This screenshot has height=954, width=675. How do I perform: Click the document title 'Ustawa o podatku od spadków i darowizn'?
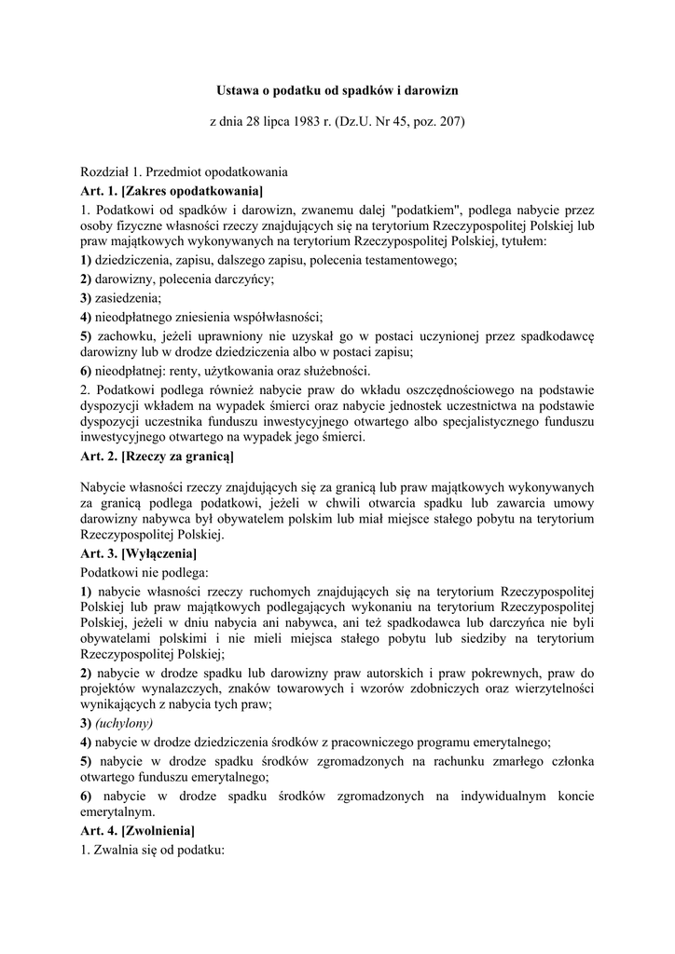(337, 91)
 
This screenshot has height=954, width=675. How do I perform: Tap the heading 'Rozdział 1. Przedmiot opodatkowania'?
(185, 172)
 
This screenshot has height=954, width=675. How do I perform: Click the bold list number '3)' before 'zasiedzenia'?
(86, 298)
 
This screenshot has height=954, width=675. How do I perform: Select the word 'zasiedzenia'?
(128, 298)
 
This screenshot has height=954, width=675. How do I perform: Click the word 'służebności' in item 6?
(284, 371)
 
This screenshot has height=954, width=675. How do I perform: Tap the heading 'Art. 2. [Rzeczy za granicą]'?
(158, 457)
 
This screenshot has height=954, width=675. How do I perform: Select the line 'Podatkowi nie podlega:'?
(145, 571)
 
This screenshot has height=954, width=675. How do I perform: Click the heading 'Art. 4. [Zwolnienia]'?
(138, 830)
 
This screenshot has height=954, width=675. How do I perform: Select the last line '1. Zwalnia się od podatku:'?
(153, 848)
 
